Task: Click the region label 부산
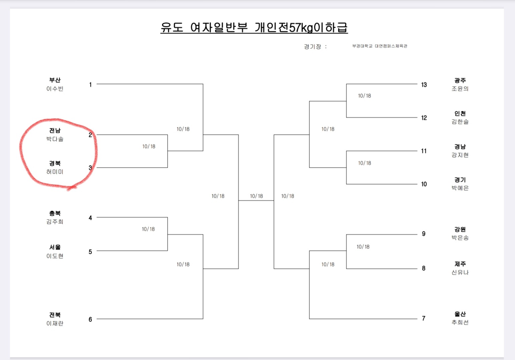point(55,80)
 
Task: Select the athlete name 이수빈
point(55,89)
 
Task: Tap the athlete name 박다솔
point(55,139)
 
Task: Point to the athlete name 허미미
point(55,172)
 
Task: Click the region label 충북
point(55,213)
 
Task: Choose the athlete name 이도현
point(55,256)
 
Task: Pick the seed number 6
point(90,319)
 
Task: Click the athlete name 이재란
point(55,323)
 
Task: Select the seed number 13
point(424,85)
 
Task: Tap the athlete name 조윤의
point(460,89)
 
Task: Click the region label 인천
point(460,113)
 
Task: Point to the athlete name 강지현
point(460,155)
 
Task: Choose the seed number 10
point(424,184)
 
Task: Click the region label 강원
point(460,229)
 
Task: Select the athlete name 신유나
point(460,272)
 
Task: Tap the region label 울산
point(460,314)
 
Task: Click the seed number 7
point(424,318)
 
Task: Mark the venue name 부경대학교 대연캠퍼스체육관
point(380,46)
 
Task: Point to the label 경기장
point(313,47)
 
